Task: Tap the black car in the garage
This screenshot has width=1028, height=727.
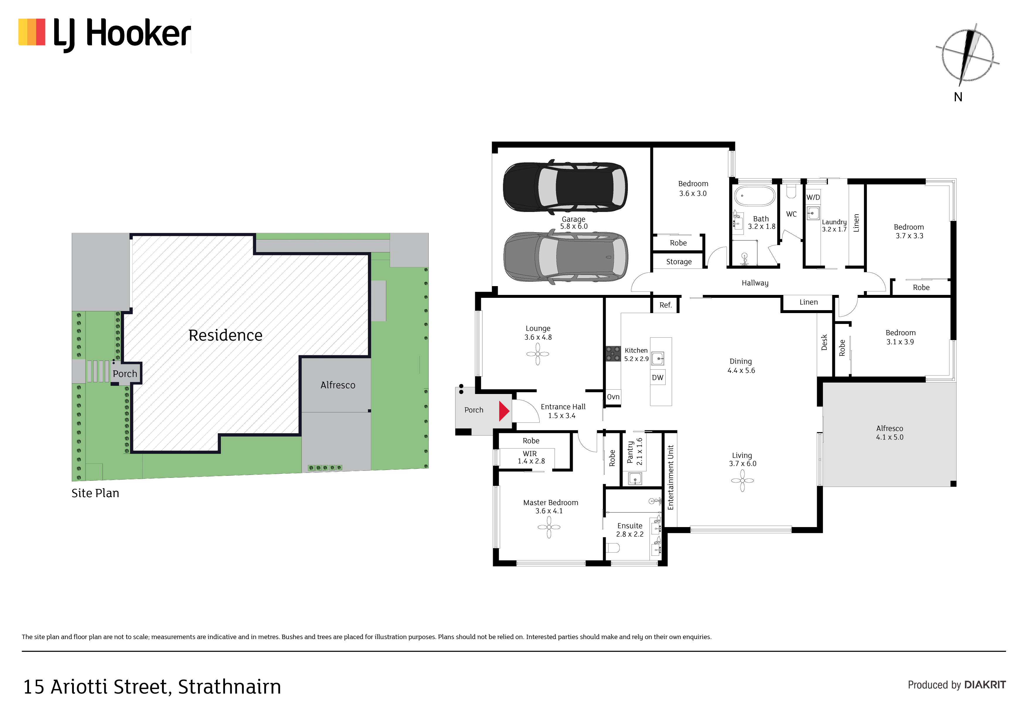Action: (x=565, y=186)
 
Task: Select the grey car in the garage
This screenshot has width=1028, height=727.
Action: (x=566, y=257)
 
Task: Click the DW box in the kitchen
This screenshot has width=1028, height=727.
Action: (x=658, y=378)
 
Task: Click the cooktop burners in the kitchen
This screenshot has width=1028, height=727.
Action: (x=613, y=354)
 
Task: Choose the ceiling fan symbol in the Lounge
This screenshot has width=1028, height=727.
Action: (x=538, y=354)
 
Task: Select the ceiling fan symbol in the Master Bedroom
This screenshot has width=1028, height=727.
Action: (x=549, y=527)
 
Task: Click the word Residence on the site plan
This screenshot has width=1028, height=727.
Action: (x=225, y=335)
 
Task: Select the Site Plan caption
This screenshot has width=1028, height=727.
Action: (x=95, y=493)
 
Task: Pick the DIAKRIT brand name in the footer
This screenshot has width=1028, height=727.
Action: (x=985, y=685)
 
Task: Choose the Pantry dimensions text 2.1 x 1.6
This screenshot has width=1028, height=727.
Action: (x=639, y=451)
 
